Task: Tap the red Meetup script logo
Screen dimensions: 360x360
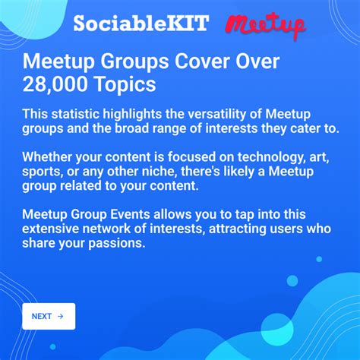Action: (265, 24)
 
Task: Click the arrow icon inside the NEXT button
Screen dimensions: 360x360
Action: (60, 316)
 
